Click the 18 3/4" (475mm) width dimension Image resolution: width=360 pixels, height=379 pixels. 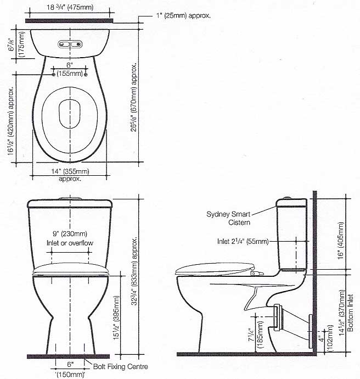(70, 7)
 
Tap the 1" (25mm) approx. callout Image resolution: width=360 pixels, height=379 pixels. (183, 16)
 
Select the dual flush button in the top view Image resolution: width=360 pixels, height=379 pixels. (70, 44)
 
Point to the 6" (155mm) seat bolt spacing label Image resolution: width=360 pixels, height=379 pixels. (70, 69)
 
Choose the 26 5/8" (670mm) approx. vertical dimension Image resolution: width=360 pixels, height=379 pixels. (133, 97)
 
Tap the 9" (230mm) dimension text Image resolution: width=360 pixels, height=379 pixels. (70, 234)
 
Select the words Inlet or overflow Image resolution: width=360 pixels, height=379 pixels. (70, 243)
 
